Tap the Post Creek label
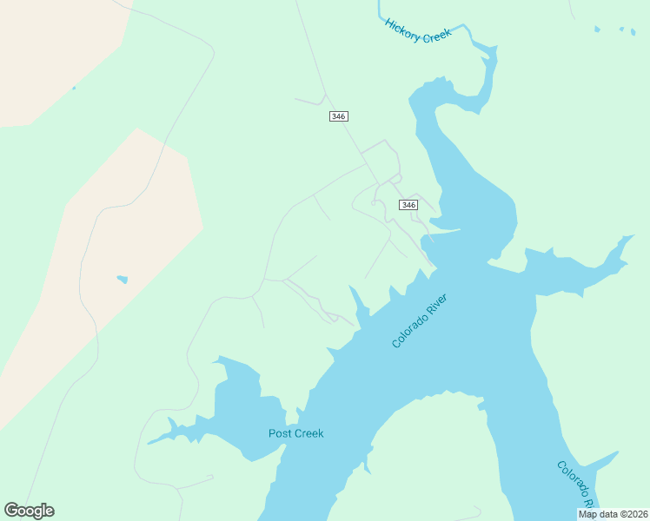click(295, 433)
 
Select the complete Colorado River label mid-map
click(420, 321)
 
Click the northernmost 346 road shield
click(339, 116)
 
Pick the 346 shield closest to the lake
click(408, 205)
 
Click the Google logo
click(29, 511)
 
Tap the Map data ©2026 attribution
click(613, 514)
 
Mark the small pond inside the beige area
click(123, 280)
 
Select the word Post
click(279, 433)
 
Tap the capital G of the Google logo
click(11, 511)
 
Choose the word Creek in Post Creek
click(308, 433)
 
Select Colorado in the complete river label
click(408, 332)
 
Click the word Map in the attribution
click(588, 514)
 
